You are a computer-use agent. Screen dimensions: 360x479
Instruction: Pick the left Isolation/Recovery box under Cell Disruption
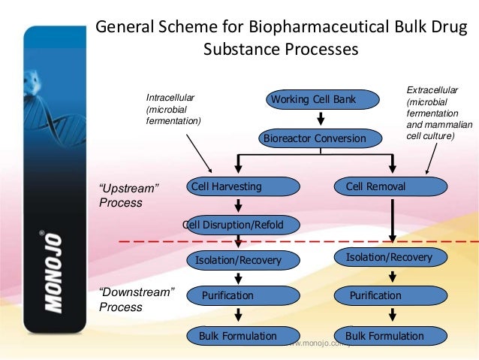[x=238, y=261]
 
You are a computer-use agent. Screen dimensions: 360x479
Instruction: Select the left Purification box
[x=238, y=296]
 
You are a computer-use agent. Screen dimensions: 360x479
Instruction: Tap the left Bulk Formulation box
[x=238, y=336]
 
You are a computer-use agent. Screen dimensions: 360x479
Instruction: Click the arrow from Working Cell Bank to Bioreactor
[x=321, y=119]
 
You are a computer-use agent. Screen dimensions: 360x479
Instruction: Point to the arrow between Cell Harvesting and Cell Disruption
[x=238, y=205]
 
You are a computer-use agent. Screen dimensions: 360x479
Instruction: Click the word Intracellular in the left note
[x=170, y=97]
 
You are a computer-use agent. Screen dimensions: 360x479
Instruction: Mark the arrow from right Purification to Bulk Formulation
[x=390, y=316]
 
